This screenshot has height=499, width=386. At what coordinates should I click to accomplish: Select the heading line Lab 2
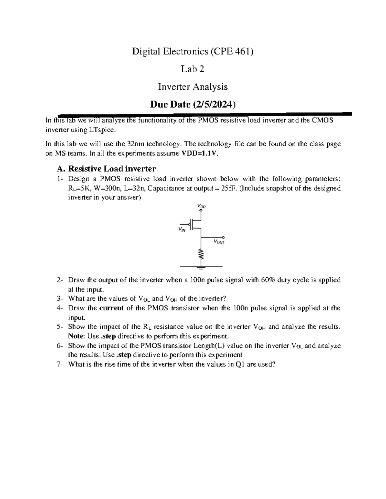coord(193,69)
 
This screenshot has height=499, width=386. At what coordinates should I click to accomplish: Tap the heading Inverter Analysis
coord(193,87)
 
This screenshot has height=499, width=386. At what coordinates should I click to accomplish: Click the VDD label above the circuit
coord(201,206)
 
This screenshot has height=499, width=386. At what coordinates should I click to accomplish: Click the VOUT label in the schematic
coord(219,242)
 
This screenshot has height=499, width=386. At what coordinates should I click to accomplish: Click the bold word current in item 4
coord(112,308)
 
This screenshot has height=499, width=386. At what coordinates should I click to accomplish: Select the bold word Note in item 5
coord(76,336)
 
